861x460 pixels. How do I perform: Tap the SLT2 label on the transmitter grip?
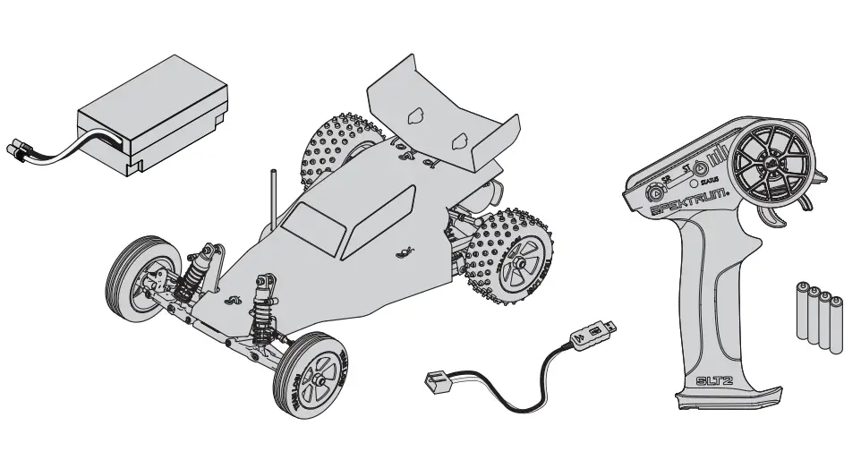(x=717, y=380)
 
